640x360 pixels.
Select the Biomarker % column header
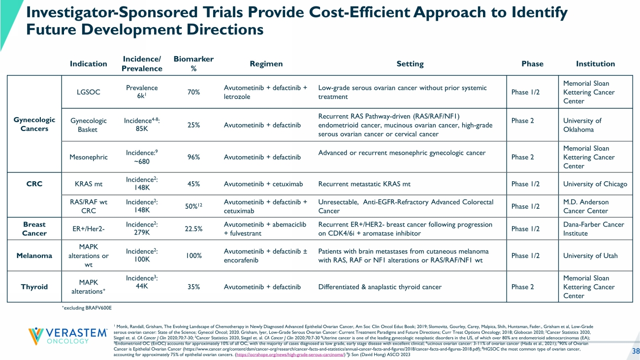click(x=193, y=64)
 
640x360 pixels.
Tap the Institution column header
click(x=595, y=64)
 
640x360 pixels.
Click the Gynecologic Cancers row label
click(x=34, y=125)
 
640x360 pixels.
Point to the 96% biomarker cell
click(x=193, y=157)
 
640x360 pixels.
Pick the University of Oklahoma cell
click(x=582, y=125)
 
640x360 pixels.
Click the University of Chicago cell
click(x=595, y=184)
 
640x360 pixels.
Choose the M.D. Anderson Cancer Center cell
click(x=586, y=206)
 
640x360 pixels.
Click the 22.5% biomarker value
click(x=193, y=229)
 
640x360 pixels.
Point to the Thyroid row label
click(x=34, y=287)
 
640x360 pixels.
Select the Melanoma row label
click(x=34, y=256)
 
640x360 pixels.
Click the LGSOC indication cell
click(x=89, y=92)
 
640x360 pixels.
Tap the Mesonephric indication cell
click(x=89, y=157)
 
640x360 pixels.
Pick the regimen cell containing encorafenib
click(x=265, y=256)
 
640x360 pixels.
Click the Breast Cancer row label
click(x=34, y=229)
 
